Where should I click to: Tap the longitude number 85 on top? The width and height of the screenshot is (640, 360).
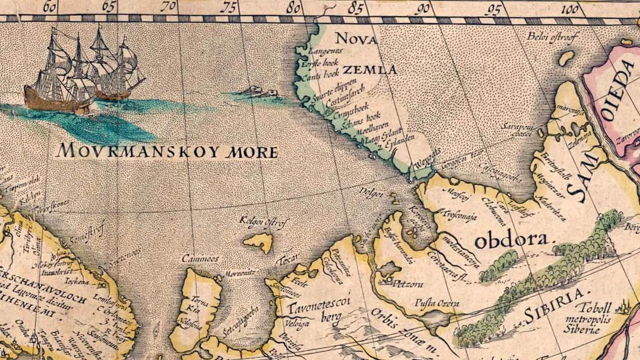pos(355,8)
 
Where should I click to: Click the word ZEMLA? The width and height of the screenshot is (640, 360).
pos(370,70)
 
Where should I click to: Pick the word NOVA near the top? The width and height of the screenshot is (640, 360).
pos(356,39)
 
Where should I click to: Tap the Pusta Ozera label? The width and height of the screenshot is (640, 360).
pos(436,304)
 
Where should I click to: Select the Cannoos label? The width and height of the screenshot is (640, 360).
pos(200,259)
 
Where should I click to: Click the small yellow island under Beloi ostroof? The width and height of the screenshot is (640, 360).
pos(566,58)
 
